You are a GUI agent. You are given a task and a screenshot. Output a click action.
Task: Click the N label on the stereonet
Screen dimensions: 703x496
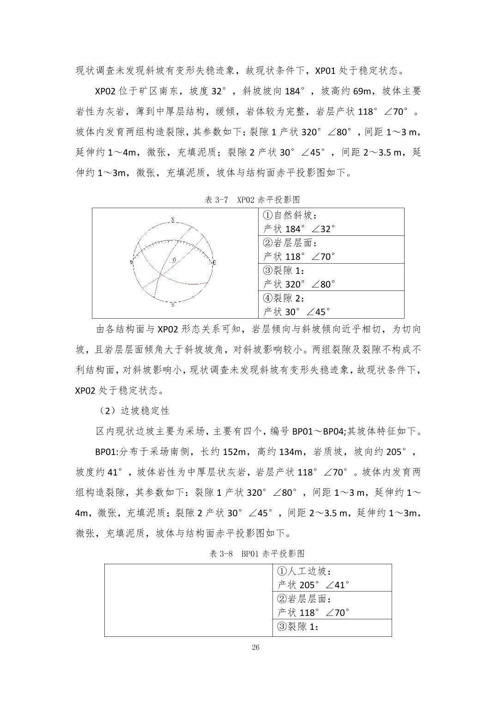(173, 220)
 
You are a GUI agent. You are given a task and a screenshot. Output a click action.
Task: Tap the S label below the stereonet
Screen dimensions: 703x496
(173, 305)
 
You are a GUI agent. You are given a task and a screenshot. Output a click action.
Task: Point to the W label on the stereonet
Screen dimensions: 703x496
(131, 263)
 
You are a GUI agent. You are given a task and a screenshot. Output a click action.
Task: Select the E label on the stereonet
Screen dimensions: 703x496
(214, 263)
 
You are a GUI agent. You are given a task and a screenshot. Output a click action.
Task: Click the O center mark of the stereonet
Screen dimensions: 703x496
(174, 260)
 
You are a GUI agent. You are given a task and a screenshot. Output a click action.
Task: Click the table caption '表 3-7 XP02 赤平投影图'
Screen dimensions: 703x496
(252, 200)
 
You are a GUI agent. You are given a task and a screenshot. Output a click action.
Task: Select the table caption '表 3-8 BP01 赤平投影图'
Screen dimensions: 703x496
(257, 554)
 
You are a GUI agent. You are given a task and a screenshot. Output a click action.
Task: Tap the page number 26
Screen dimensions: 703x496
(256, 647)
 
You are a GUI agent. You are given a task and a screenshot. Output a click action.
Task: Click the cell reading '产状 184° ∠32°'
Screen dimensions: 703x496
(299, 229)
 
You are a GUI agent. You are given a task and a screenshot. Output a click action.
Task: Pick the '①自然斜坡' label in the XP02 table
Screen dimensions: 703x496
(290, 215)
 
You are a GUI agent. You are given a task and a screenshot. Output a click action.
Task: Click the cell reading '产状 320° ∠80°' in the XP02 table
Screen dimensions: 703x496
(299, 284)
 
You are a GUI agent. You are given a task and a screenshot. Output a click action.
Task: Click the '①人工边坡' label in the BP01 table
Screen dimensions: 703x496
(304, 571)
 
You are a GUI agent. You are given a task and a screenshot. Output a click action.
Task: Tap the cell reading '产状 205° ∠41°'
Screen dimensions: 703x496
(313, 585)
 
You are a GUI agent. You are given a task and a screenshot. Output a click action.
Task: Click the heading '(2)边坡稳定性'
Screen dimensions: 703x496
(133, 411)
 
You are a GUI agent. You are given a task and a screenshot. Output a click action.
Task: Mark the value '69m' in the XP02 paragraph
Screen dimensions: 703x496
(362, 91)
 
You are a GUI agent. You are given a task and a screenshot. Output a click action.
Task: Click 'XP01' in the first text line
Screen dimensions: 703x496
(326, 71)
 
